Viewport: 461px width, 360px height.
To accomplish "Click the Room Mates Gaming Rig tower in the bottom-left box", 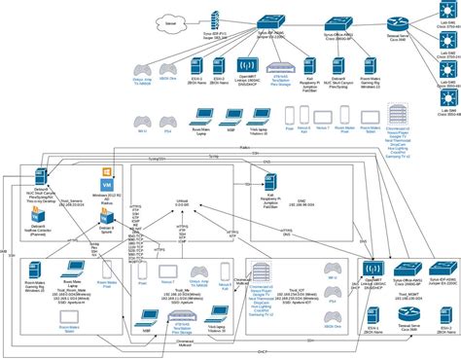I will pyautogui.click(x=40, y=271).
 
